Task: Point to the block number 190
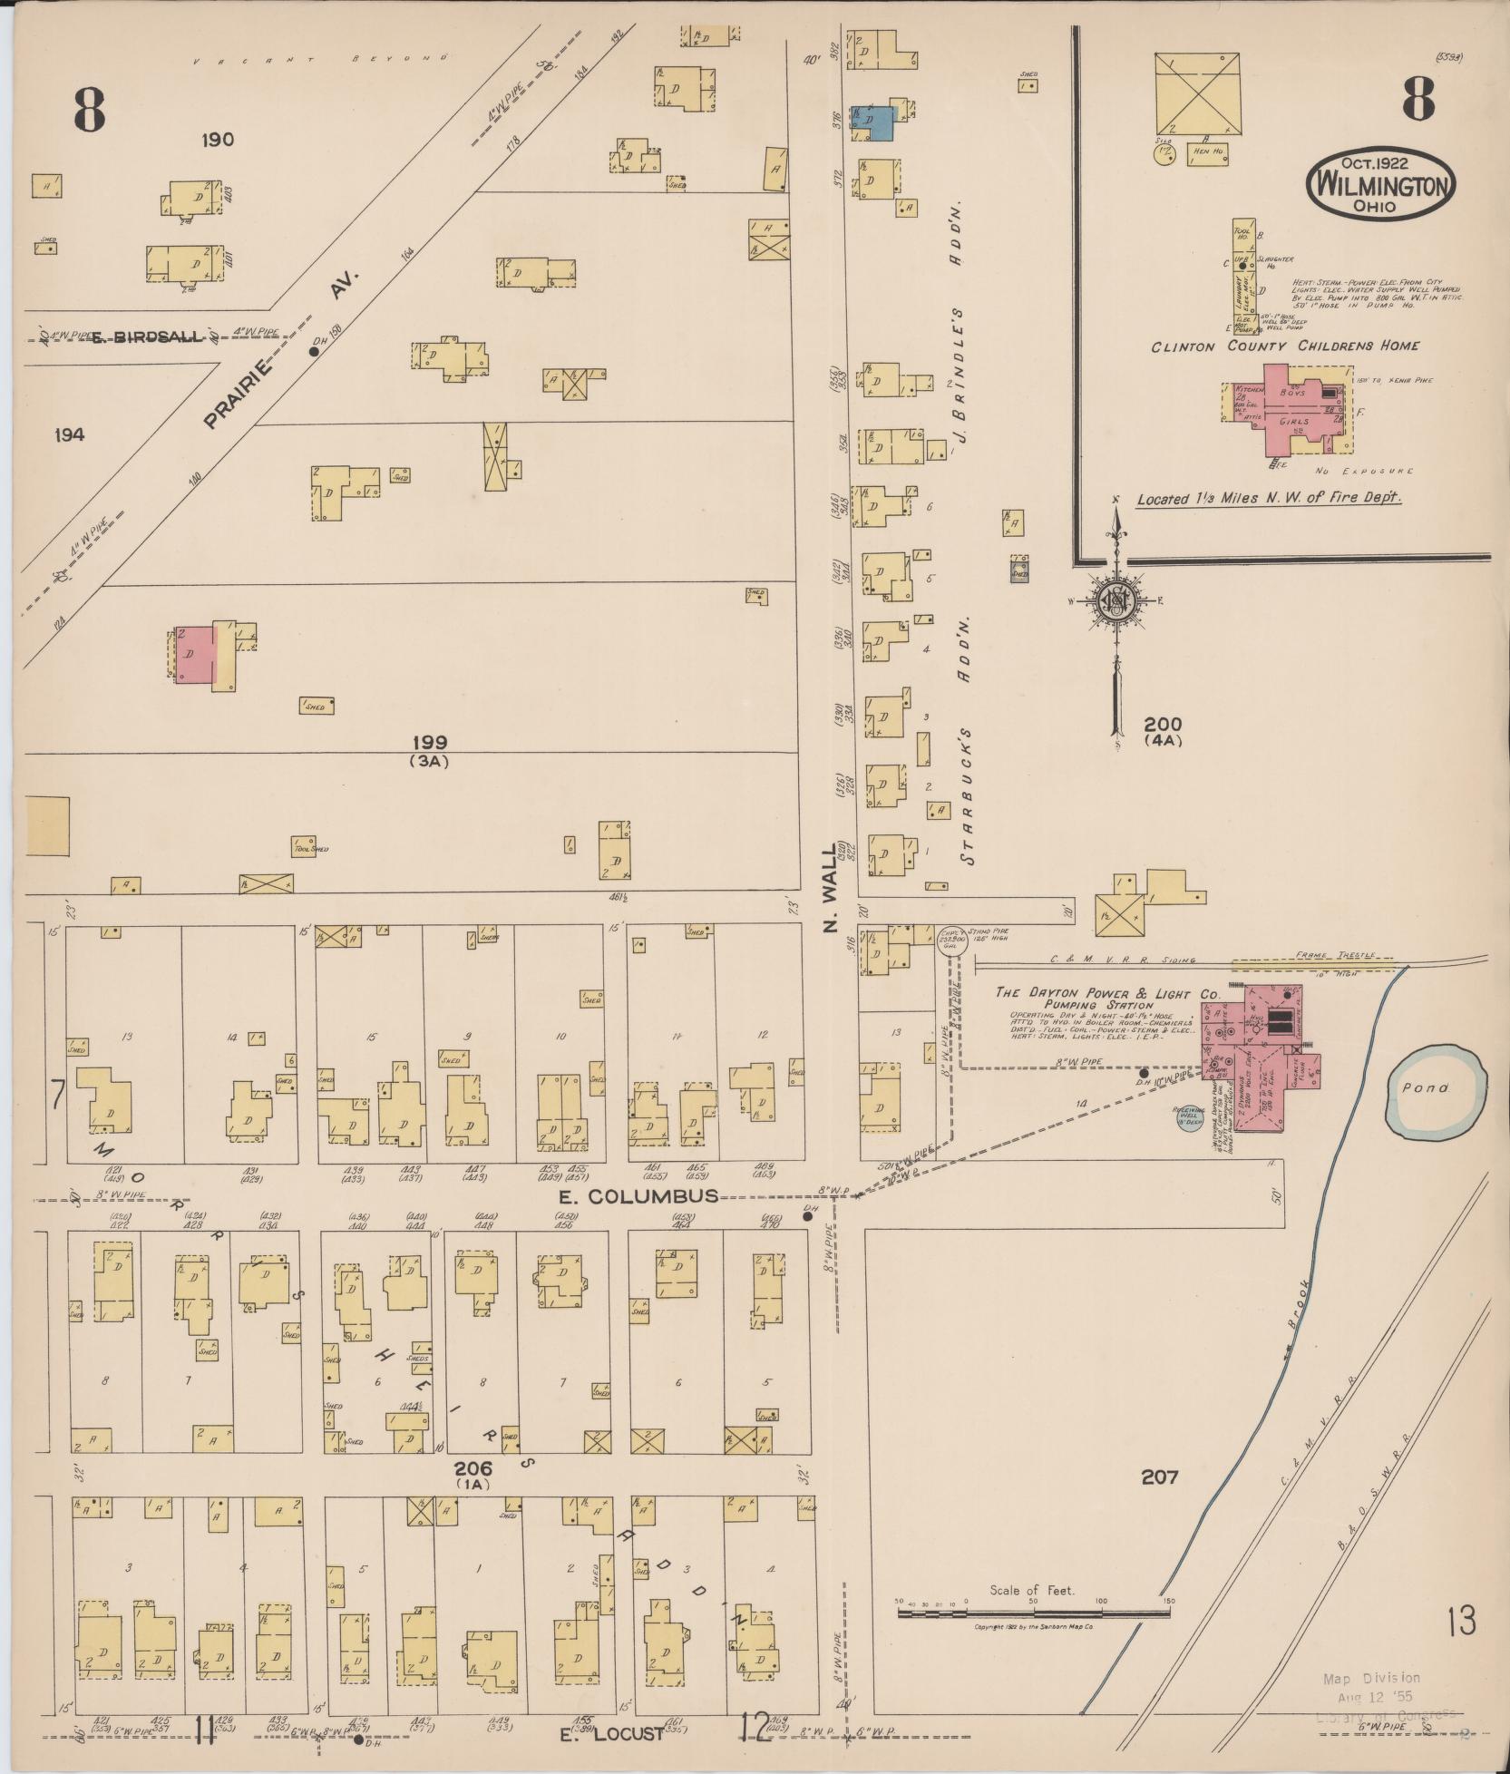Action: (218, 140)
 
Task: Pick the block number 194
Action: (69, 434)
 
